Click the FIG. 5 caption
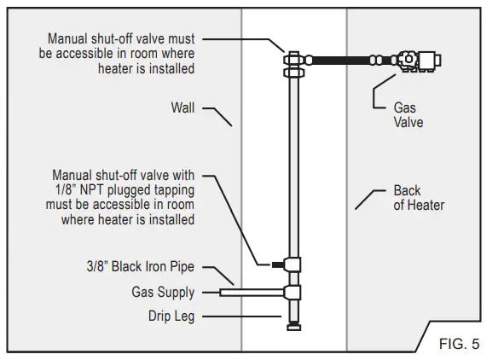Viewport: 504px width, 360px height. (x=460, y=345)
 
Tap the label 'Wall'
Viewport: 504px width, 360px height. (x=182, y=108)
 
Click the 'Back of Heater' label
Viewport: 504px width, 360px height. (x=419, y=198)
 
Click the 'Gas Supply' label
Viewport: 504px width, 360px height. (x=162, y=293)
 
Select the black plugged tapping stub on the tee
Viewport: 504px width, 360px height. (x=278, y=264)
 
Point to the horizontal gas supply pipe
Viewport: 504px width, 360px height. (x=252, y=293)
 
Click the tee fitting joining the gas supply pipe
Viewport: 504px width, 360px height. (x=293, y=293)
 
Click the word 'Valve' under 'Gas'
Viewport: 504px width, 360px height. (x=408, y=123)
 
